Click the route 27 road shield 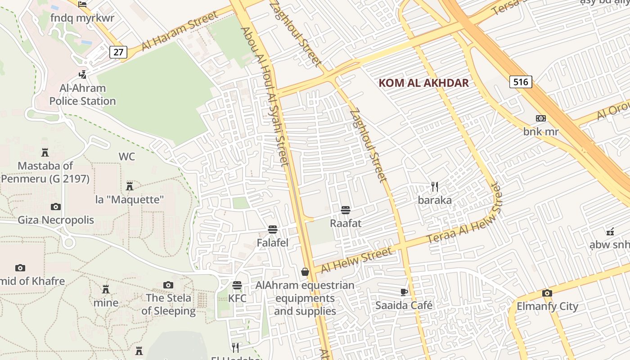118,52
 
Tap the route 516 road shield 521,82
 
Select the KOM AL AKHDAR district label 423,83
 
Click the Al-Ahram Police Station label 82,94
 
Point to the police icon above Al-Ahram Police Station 82,74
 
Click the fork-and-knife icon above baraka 435,187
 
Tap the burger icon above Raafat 346,210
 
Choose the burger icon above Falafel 272,229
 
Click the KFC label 237,298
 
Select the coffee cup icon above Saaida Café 404,292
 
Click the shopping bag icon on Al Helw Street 305,272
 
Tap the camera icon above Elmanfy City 547,293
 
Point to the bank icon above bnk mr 541,118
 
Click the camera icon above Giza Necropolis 56,207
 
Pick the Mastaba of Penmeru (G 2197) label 45,172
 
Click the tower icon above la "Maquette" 130,186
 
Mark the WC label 127,157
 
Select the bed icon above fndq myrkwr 82,4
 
